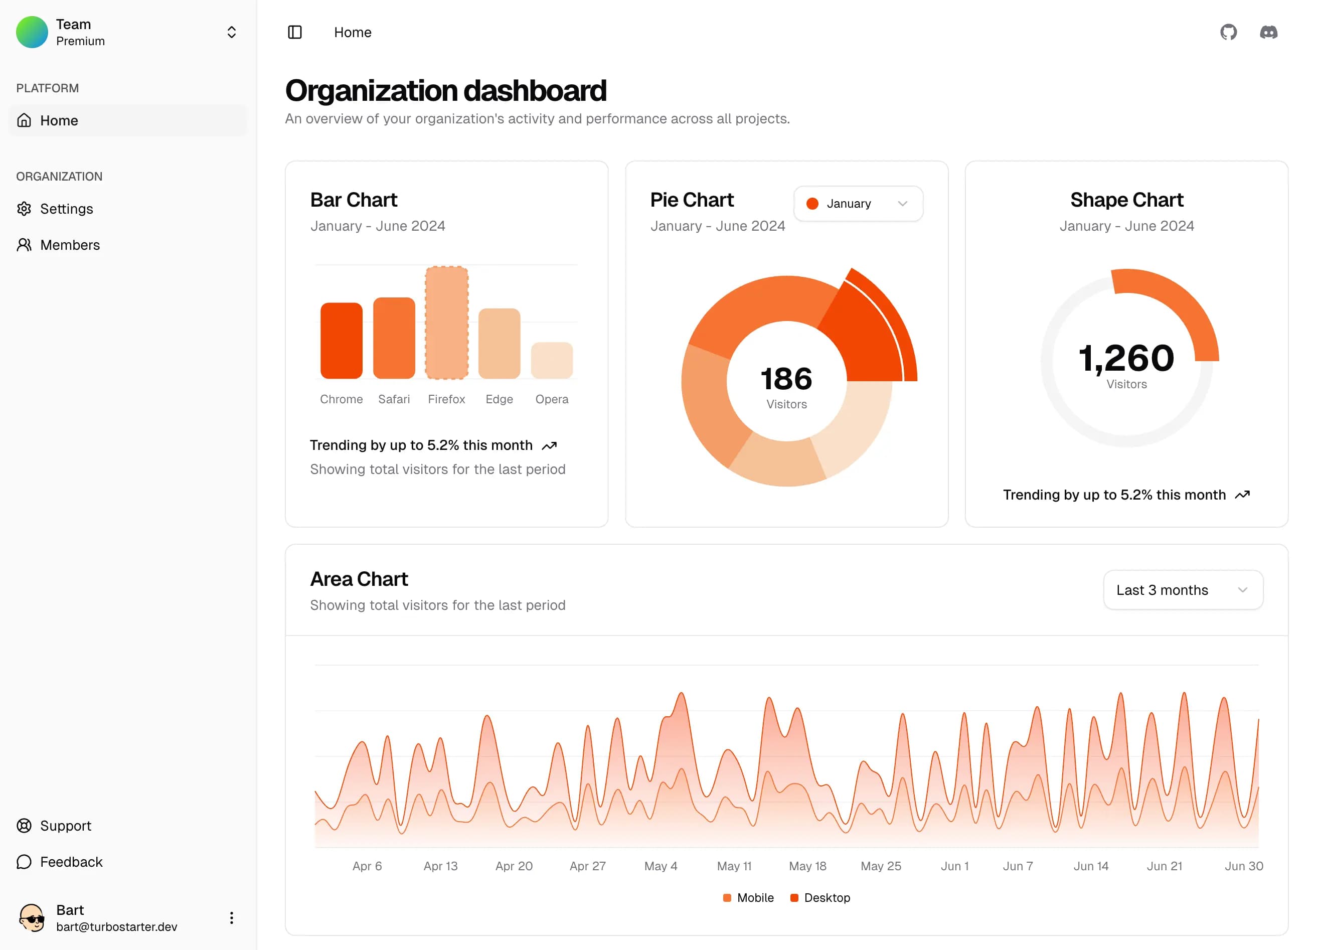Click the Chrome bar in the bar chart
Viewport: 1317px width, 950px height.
pos(342,341)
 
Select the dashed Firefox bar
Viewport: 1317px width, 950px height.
pos(446,323)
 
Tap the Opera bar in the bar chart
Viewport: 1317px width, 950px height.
pos(552,361)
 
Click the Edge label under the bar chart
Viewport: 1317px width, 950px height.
pos(499,399)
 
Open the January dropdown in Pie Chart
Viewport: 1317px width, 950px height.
pos(858,203)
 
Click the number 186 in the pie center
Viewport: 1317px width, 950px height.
pos(786,379)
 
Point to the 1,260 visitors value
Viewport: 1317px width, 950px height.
pos(1126,358)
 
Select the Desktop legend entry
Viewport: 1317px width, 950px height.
pos(820,898)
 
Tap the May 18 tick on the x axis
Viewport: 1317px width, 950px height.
pos(807,866)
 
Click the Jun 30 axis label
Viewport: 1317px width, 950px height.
pos(1243,866)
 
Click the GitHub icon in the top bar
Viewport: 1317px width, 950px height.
pos(1228,32)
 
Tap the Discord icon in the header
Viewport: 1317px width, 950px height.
pos(1268,32)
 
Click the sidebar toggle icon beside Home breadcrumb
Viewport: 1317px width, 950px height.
pos(295,32)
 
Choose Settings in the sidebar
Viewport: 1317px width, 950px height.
pos(66,209)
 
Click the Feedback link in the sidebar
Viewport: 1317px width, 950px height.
pos(71,862)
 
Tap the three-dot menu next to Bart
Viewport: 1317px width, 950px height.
pos(231,917)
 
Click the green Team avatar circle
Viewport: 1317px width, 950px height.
pos(32,32)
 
